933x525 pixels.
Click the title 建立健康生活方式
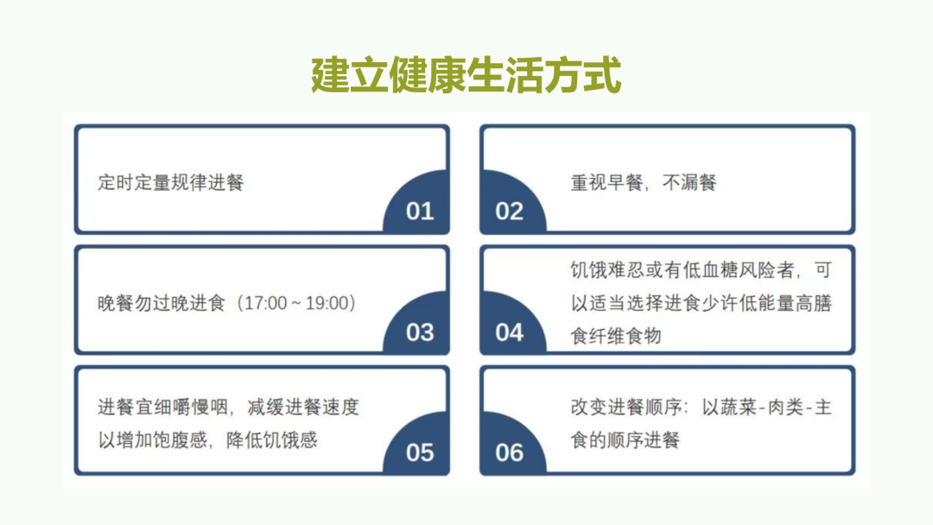coord(466,75)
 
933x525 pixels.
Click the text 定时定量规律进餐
coord(171,182)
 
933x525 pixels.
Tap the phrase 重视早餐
coord(606,182)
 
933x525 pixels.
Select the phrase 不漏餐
coord(689,182)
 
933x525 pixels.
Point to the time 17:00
coord(265,303)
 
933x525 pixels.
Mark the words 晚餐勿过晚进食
coord(162,303)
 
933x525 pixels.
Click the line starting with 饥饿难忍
coord(701,270)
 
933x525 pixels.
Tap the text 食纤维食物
coord(616,336)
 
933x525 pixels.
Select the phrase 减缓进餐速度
coord(303,408)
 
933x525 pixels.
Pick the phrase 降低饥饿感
coord(272,440)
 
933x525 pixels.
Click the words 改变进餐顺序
coord(625,408)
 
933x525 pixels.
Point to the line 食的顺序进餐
coord(625,440)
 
